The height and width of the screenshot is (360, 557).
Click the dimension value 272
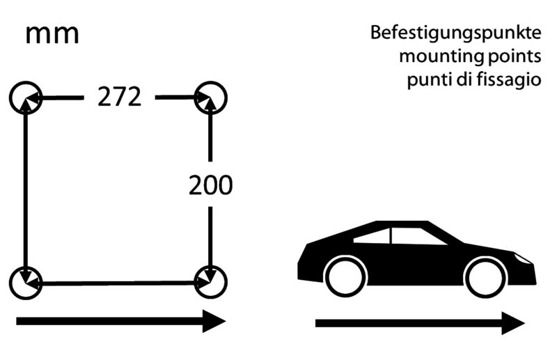119,98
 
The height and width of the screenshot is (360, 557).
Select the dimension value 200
210,186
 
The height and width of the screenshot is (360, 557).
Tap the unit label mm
52,34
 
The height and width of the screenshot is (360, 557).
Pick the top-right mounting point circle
210,97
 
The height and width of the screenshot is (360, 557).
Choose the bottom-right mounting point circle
210,283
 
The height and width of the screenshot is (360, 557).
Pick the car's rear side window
372,235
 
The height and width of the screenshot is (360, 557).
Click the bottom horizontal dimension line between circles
118,283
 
